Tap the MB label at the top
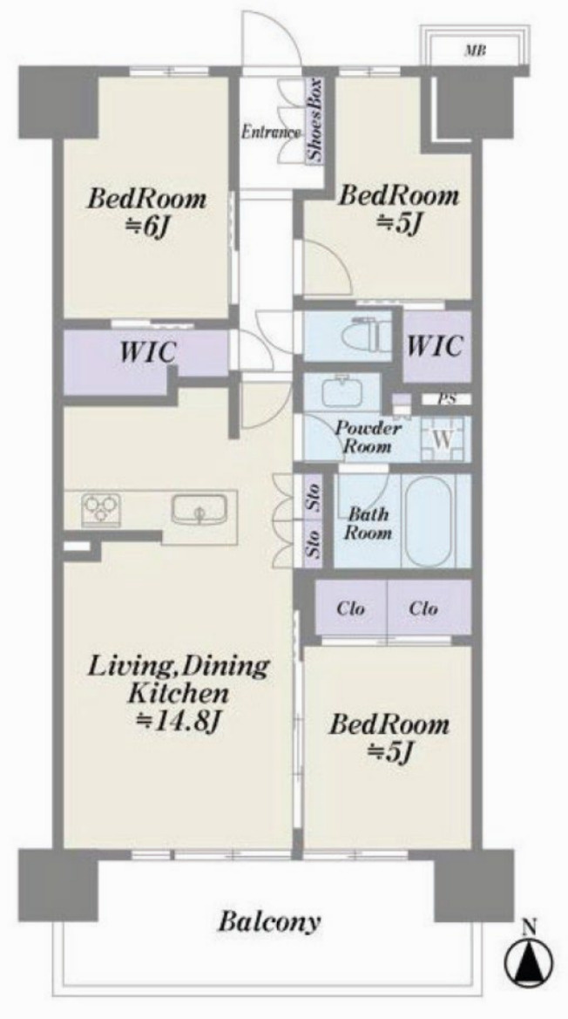click(475, 51)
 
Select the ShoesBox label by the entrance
click(314, 121)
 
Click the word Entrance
click(271, 132)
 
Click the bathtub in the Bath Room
click(427, 520)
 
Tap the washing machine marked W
click(442, 438)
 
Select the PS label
click(445, 399)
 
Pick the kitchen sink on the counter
click(199, 509)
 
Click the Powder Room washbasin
click(342, 392)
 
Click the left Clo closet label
click(350, 609)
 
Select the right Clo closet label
click(423, 609)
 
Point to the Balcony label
click(268, 921)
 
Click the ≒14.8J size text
click(179, 720)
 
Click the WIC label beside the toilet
click(435, 345)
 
